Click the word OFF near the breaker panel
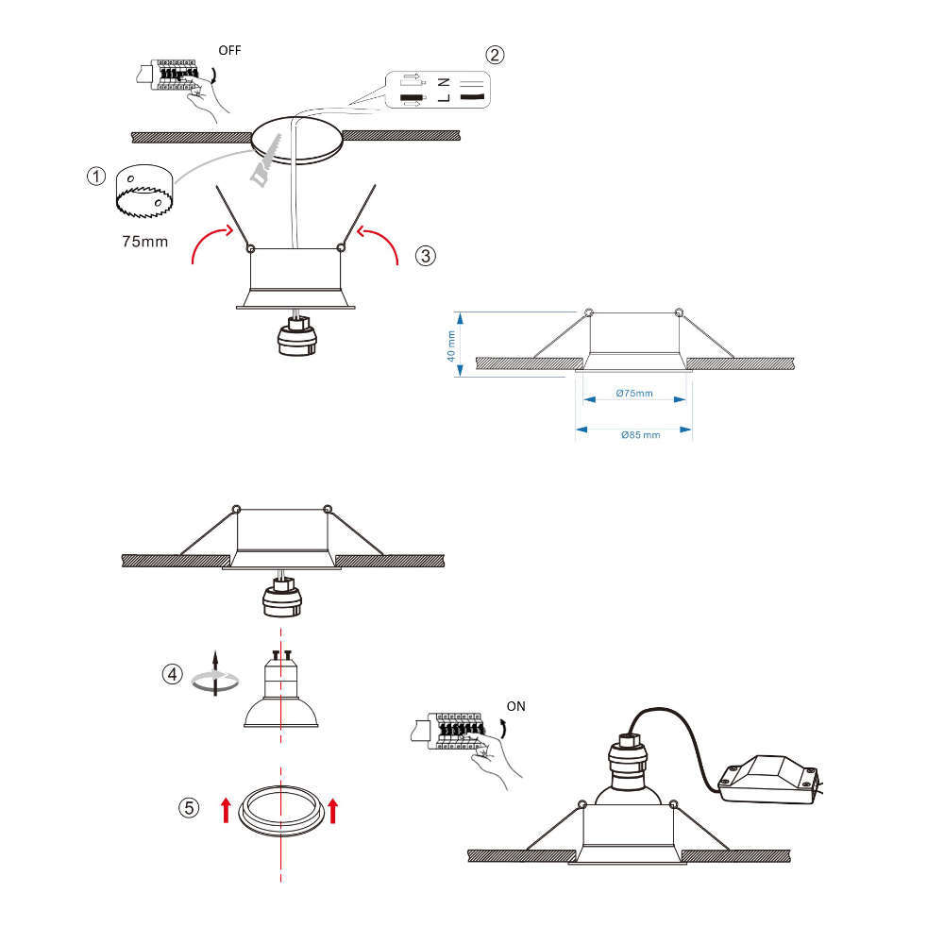pos(229,51)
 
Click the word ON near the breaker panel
pos(516,706)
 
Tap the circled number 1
pos(96,177)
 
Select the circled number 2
pos(495,56)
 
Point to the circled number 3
pos(426,256)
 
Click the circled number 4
pos(173,674)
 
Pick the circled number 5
pos(189,808)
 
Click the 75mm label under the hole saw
pos(145,242)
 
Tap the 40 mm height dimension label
pos(451,346)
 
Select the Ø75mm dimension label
pos(634,393)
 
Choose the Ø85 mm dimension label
pos(641,434)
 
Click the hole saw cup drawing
pos(144,191)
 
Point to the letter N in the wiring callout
pos(444,82)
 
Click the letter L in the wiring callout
pos(444,97)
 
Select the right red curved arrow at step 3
pos(378,245)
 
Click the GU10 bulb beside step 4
pos(281,689)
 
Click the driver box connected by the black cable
pos(769,779)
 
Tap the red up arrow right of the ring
pos(332,810)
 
